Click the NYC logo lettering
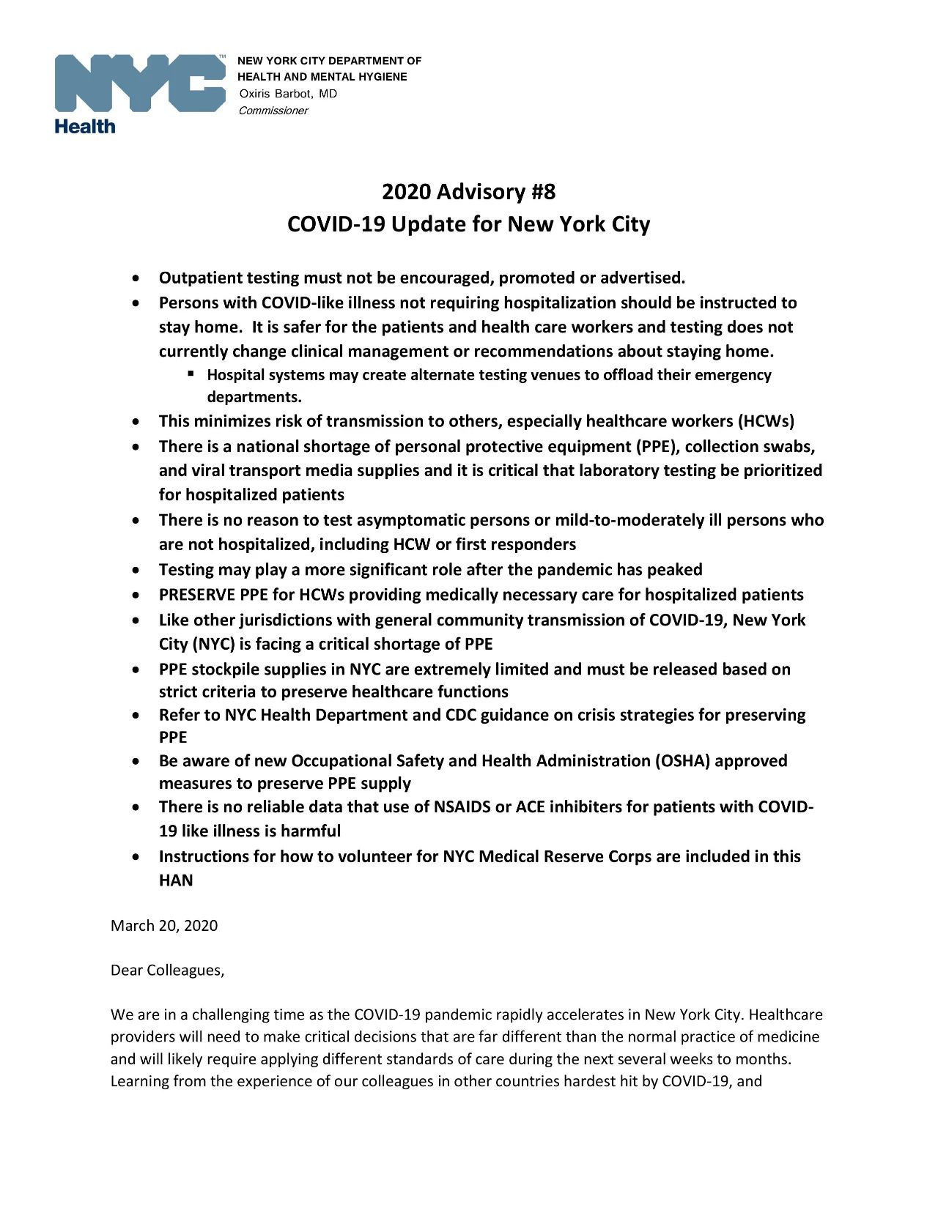[139, 83]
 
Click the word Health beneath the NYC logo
[85, 127]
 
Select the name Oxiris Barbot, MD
[288, 94]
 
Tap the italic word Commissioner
[273, 111]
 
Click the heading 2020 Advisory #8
[468, 192]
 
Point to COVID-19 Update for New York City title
[468, 223]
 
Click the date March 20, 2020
[164, 925]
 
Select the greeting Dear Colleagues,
[167, 970]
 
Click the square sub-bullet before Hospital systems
[191, 374]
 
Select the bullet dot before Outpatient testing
[135, 279]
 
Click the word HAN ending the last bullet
[176, 880]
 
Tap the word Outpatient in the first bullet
[200, 278]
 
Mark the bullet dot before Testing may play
[135, 571]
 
